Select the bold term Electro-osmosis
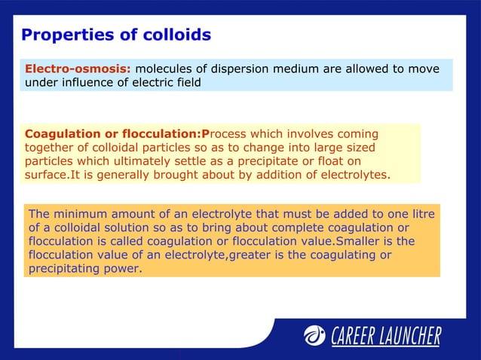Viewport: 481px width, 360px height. [x=78, y=69]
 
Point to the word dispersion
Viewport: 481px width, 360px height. [x=244, y=69]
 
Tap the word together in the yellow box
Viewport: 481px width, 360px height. [x=51, y=148]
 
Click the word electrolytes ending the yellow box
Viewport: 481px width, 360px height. [x=355, y=175]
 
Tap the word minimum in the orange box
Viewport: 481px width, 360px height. [x=81, y=213]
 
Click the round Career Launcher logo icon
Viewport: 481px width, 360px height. [x=314, y=335]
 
